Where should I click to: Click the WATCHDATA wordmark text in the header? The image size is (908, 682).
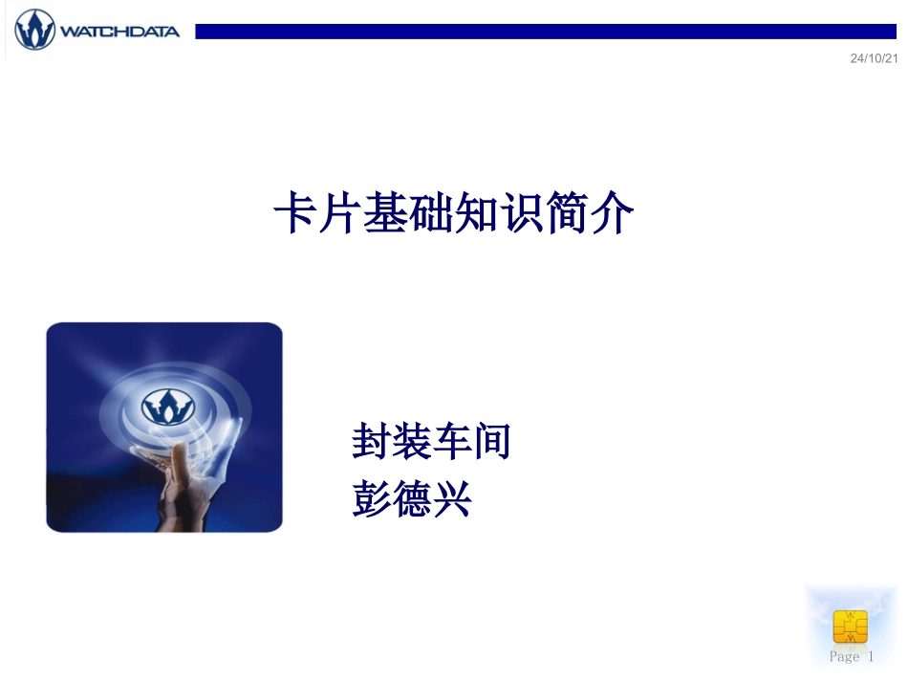click(119, 32)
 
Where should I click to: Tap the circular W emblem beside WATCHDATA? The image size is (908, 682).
click(34, 30)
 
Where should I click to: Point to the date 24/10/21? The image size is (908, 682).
click(874, 59)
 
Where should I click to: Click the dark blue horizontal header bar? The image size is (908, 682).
click(545, 32)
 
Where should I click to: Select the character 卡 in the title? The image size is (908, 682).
click(295, 214)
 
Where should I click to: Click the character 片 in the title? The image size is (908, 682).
click(340, 214)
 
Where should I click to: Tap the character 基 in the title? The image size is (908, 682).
click(385, 214)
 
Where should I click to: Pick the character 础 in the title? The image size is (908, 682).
click(430, 214)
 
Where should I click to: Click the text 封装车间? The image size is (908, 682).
click(430, 443)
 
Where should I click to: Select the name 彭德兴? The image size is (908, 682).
click(412, 498)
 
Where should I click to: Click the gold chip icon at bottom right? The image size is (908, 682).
click(850, 626)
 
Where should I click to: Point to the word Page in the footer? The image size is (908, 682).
click(844, 656)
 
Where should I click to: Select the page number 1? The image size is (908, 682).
click(871, 656)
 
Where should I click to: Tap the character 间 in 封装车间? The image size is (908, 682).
click(491, 443)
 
